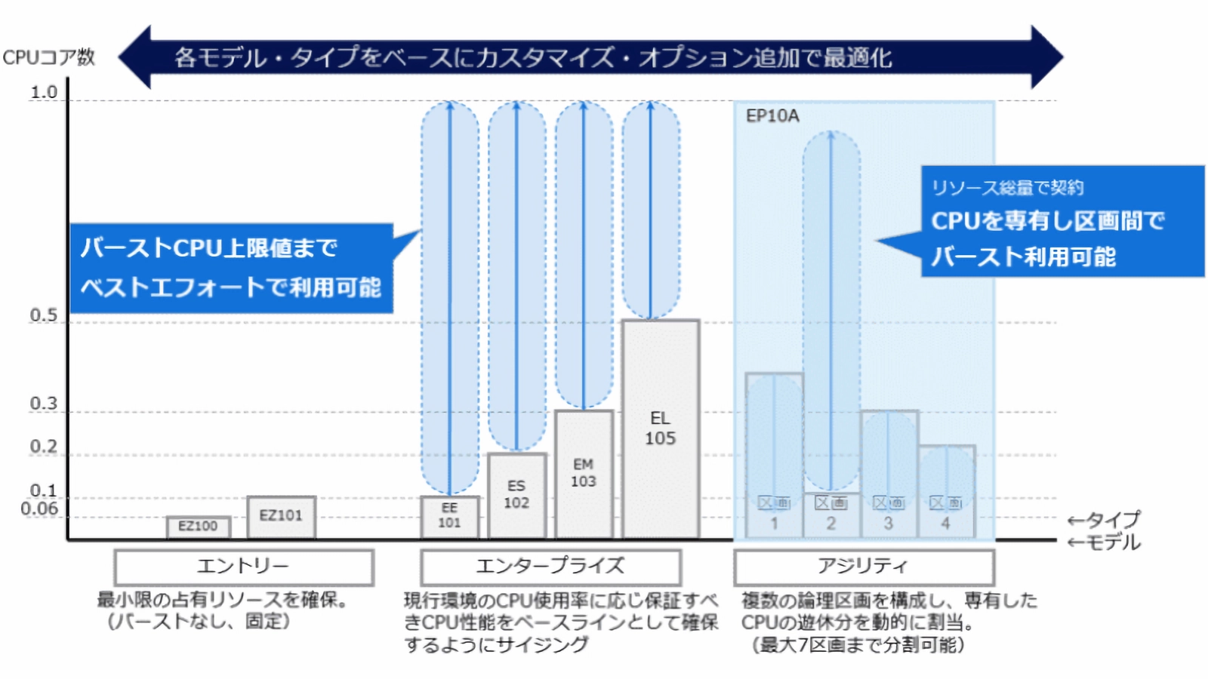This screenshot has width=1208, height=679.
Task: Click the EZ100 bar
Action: (198, 527)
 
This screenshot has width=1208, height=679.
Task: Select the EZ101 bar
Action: (281, 516)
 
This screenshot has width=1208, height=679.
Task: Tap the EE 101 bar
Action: (449, 516)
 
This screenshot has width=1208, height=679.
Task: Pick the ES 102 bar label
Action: (516, 495)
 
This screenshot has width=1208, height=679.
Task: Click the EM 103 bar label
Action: (583, 473)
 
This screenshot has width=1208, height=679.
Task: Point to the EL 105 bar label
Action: (660, 429)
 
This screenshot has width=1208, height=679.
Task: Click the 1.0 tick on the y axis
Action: (44, 93)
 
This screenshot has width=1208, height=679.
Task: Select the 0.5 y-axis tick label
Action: (44, 315)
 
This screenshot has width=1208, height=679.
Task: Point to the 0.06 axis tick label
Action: (39, 508)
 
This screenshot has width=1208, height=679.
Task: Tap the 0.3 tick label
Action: (44, 404)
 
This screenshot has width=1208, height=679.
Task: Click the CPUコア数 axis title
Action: (49, 57)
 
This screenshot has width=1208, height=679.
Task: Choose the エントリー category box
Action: (244, 567)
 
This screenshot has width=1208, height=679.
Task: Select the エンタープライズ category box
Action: (550, 567)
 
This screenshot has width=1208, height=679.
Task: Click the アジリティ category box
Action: (864, 567)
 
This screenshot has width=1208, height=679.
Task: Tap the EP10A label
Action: (772, 116)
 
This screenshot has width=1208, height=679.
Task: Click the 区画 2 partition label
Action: (830, 513)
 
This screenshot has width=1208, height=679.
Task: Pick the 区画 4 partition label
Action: (945, 513)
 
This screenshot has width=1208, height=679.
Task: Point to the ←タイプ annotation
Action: (1104, 520)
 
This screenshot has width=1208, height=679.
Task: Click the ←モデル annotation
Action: (1104, 542)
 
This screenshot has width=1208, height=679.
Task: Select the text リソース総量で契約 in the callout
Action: (1007, 188)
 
